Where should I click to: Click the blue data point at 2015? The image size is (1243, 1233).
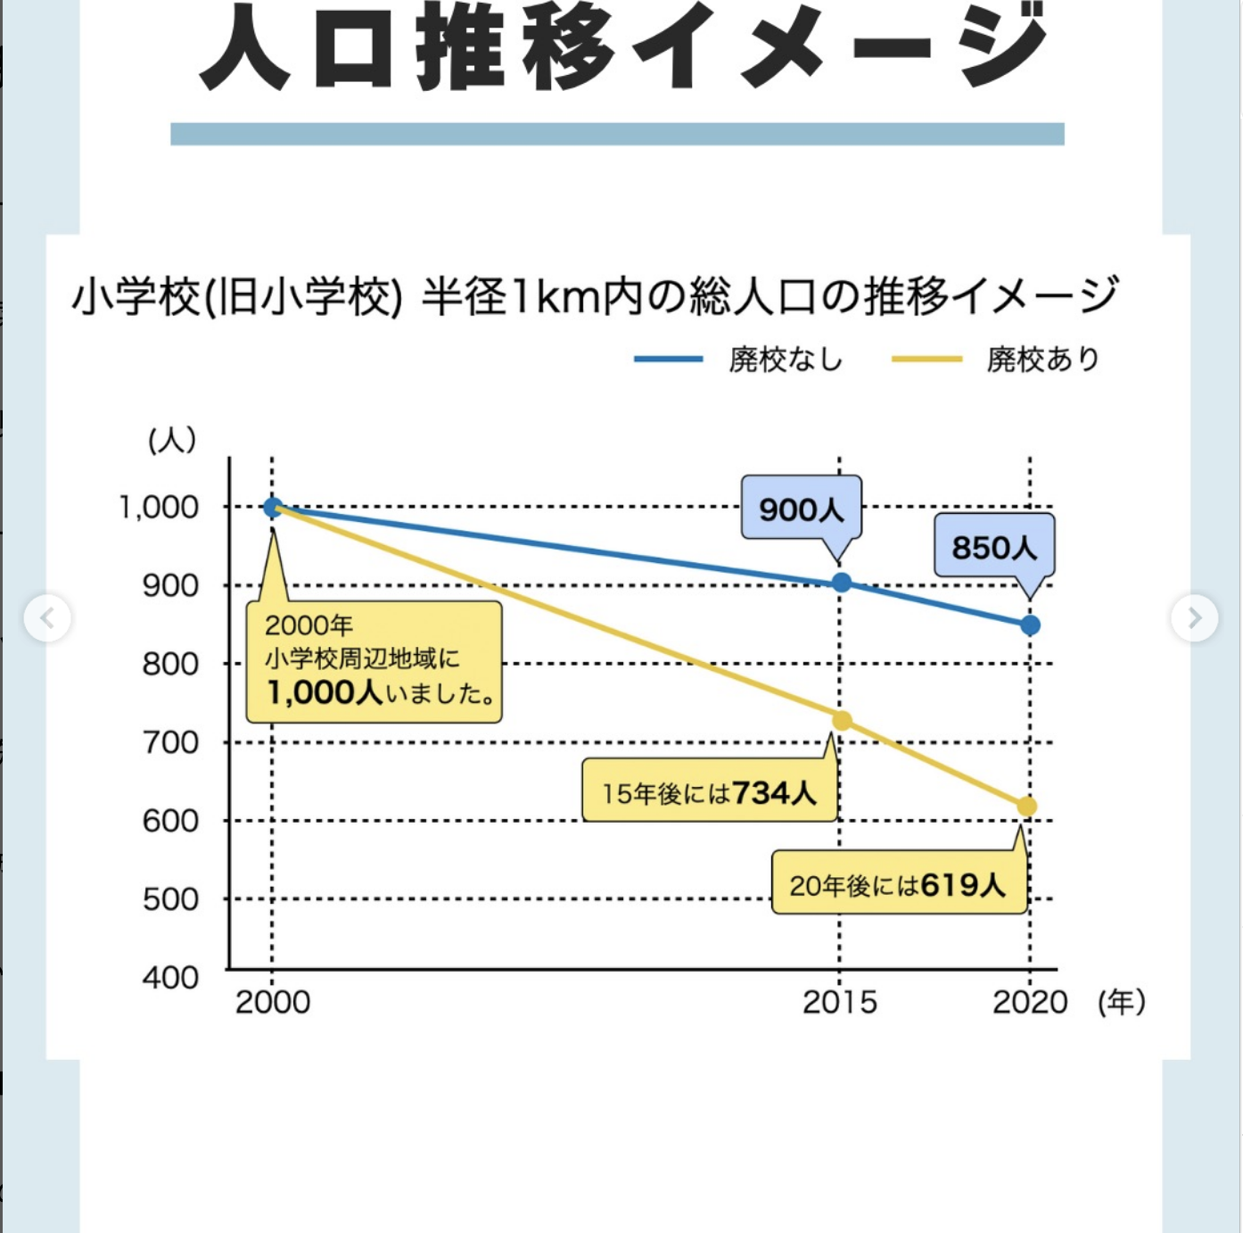pyautogui.click(x=841, y=583)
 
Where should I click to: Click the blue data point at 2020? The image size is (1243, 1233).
pyautogui.click(x=1030, y=625)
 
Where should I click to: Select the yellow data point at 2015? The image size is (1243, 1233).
pyautogui.click(x=841, y=721)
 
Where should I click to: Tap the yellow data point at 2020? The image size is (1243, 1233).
pyautogui.click(x=1027, y=807)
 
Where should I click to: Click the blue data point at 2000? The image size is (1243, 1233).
pyautogui.click(x=273, y=507)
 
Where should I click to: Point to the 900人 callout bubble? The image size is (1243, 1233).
pyautogui.click(x=801, y=509)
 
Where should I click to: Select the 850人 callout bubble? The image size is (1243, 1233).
pyautogui.click(x=993, y=547)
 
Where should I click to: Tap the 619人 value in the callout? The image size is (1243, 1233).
pyautogui.click(x=963, y=885)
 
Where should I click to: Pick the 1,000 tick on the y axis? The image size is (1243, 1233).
pyautogui.click(x=159, y=507)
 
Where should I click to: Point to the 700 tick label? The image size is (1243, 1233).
pyautogui.click(x=170, y=742)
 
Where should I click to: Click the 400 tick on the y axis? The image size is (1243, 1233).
pyautogui.click(x=170, y=977)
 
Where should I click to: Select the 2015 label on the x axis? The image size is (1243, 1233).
pyautogui.click(x=839, y=1002)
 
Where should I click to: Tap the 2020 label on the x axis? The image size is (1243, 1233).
pyautogui.click(x=1030, y=1002)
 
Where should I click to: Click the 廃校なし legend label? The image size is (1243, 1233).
pyautogui.click(x=785, y=359)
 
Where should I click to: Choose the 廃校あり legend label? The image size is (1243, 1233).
pyautogui.click(x=1042, y=359)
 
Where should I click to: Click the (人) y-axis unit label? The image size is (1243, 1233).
pyautogui.click(x=172, y=439)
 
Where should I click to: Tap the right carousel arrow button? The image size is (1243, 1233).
pyautogui.click(x=1195, y=617)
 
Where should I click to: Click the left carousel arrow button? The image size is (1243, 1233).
pyautogui.click(x=47, y=617)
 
